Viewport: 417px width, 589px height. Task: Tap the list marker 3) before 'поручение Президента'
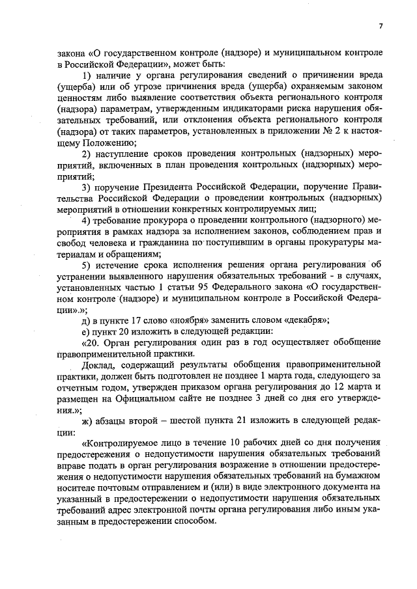86,189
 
